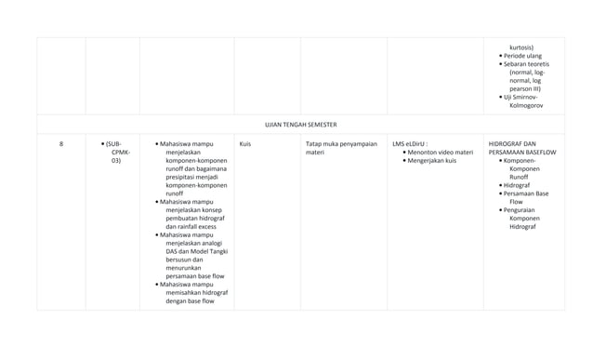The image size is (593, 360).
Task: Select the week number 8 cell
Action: coord(61,144)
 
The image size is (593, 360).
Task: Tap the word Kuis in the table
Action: coord(245,144)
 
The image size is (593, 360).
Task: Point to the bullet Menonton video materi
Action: coord(440,153)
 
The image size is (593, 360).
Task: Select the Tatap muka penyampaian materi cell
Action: coord(341,149)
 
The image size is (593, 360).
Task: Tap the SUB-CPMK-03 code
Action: coord(120,153)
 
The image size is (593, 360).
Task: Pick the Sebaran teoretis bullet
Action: coord(527,63)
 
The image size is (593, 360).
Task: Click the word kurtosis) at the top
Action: coord(521,47)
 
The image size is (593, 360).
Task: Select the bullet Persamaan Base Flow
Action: coord(529,197)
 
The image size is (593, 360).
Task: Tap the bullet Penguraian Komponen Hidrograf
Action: coord(529,218)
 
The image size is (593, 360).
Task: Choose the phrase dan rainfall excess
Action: coord(191,226)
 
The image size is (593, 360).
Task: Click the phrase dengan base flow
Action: coord(190,300)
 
